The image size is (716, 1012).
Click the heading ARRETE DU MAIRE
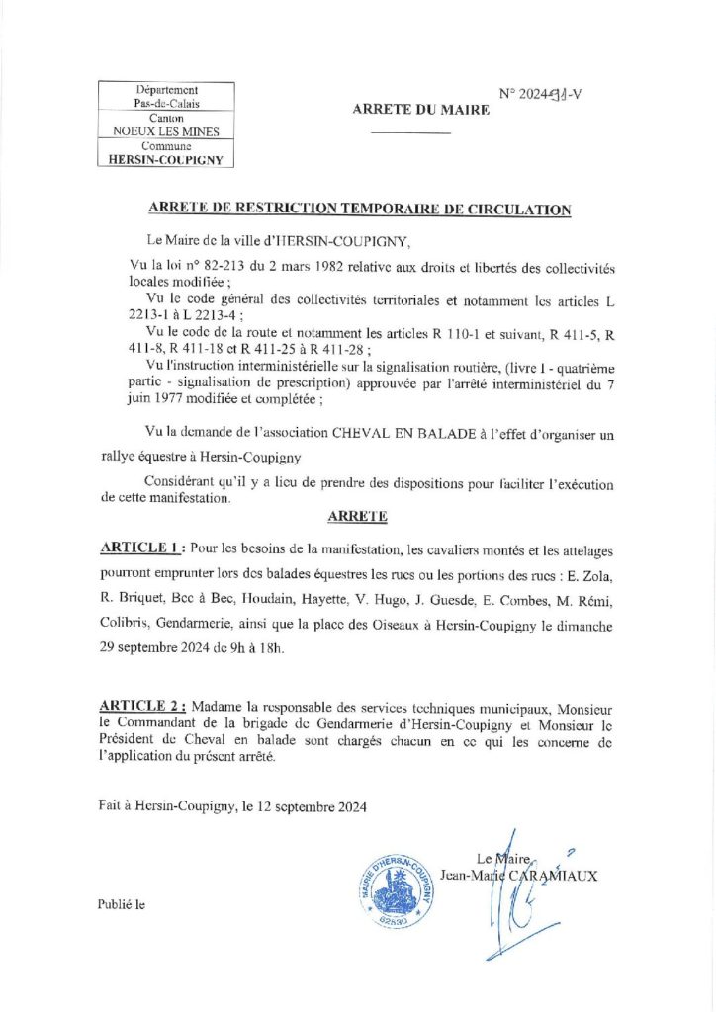click(x=420, y=111)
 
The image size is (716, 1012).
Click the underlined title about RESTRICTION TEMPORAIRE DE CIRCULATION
click(x=359, y=210)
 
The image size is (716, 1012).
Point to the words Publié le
click(x=121, y=904)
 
